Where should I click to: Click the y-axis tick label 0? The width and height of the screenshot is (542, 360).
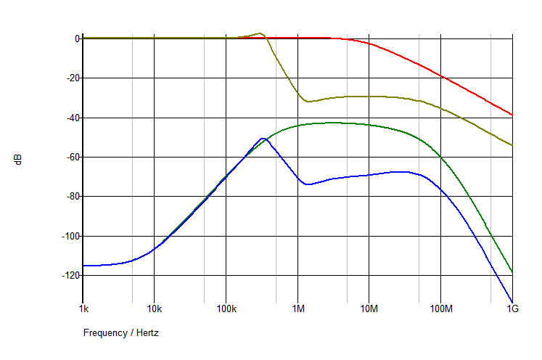[75, 38]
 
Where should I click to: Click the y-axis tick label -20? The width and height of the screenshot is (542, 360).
[71, 78]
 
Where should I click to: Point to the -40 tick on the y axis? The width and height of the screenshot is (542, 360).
[71, 118]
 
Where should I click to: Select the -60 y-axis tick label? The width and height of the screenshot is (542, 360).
[71, 157]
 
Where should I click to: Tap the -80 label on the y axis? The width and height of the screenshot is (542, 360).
[71, 197]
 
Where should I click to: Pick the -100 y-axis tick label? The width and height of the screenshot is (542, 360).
[69, 236]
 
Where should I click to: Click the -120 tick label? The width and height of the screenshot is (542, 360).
[69, 276]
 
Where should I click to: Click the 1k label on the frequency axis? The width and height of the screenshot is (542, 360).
[83, 308]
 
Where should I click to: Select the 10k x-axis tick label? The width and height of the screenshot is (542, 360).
[154, 308]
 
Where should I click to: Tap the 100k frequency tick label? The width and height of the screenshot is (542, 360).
[226, 308]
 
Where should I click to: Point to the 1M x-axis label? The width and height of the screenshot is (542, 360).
[297, 308]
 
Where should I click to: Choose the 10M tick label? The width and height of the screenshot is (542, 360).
[369, 308]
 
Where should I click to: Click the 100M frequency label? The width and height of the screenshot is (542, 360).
[440, 308]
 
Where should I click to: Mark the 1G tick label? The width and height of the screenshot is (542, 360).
[512, 308]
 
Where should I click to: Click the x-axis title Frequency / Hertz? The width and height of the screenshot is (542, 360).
[120, 333]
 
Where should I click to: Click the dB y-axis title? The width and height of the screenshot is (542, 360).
[18, 159]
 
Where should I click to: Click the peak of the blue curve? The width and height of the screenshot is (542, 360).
[263, 138]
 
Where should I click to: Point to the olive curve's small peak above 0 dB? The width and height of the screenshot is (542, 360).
[260, 33]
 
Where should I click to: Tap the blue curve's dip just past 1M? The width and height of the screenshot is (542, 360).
[308, 184]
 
